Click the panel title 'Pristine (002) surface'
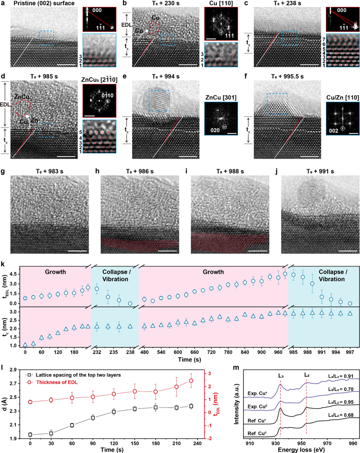coord(44,3)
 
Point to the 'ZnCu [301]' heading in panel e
coord(221,97)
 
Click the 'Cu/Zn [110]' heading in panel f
coord(343,97)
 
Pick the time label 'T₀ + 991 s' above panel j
coord(320,171)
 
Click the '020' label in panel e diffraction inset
coord(215,130)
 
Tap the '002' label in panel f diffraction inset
coord(333,131)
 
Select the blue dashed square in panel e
coord(159,101)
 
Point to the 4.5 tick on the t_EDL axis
coord(13,274)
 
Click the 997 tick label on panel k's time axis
coord(350,352)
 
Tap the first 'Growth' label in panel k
coord(55,272)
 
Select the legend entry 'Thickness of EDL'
coord(57,382)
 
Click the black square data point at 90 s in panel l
coord(93,418)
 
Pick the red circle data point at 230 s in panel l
coord(191,381)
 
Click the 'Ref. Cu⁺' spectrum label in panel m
coord(257,421)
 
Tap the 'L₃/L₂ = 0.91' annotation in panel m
coord(341,376)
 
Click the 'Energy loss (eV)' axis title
coord(301,450)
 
